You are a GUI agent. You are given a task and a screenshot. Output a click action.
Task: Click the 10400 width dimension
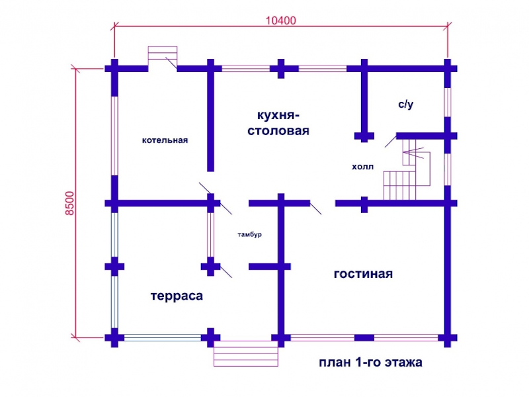(280, 21)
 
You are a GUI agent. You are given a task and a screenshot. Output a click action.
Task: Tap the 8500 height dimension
(69, 203)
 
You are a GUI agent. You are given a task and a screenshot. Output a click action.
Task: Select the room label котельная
(165, 140)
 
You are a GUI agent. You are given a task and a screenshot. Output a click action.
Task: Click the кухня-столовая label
(278, 122)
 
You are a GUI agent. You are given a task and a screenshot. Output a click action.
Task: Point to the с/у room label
(405, 105)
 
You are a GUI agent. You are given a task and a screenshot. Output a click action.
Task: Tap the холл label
(362, 167)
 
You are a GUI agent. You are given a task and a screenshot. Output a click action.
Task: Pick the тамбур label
(250, 234)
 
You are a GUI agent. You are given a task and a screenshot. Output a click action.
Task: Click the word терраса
(177, 296)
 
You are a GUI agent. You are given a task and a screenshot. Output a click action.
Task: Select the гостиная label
(363, 274)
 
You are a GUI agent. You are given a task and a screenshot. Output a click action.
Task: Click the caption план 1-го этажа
(370, 362)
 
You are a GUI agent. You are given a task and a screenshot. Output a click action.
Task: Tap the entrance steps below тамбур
(246, 353)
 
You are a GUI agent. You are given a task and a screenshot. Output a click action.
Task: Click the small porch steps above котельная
(163, 53)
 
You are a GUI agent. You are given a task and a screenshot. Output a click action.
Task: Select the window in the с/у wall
(448, 103)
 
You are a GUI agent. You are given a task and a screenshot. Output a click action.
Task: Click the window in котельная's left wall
(114, 136)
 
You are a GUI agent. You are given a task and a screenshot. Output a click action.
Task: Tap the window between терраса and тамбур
(210, 235)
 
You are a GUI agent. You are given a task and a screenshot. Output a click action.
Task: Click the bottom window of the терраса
(163, 337)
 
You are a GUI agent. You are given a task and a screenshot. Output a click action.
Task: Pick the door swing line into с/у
(391, 141)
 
